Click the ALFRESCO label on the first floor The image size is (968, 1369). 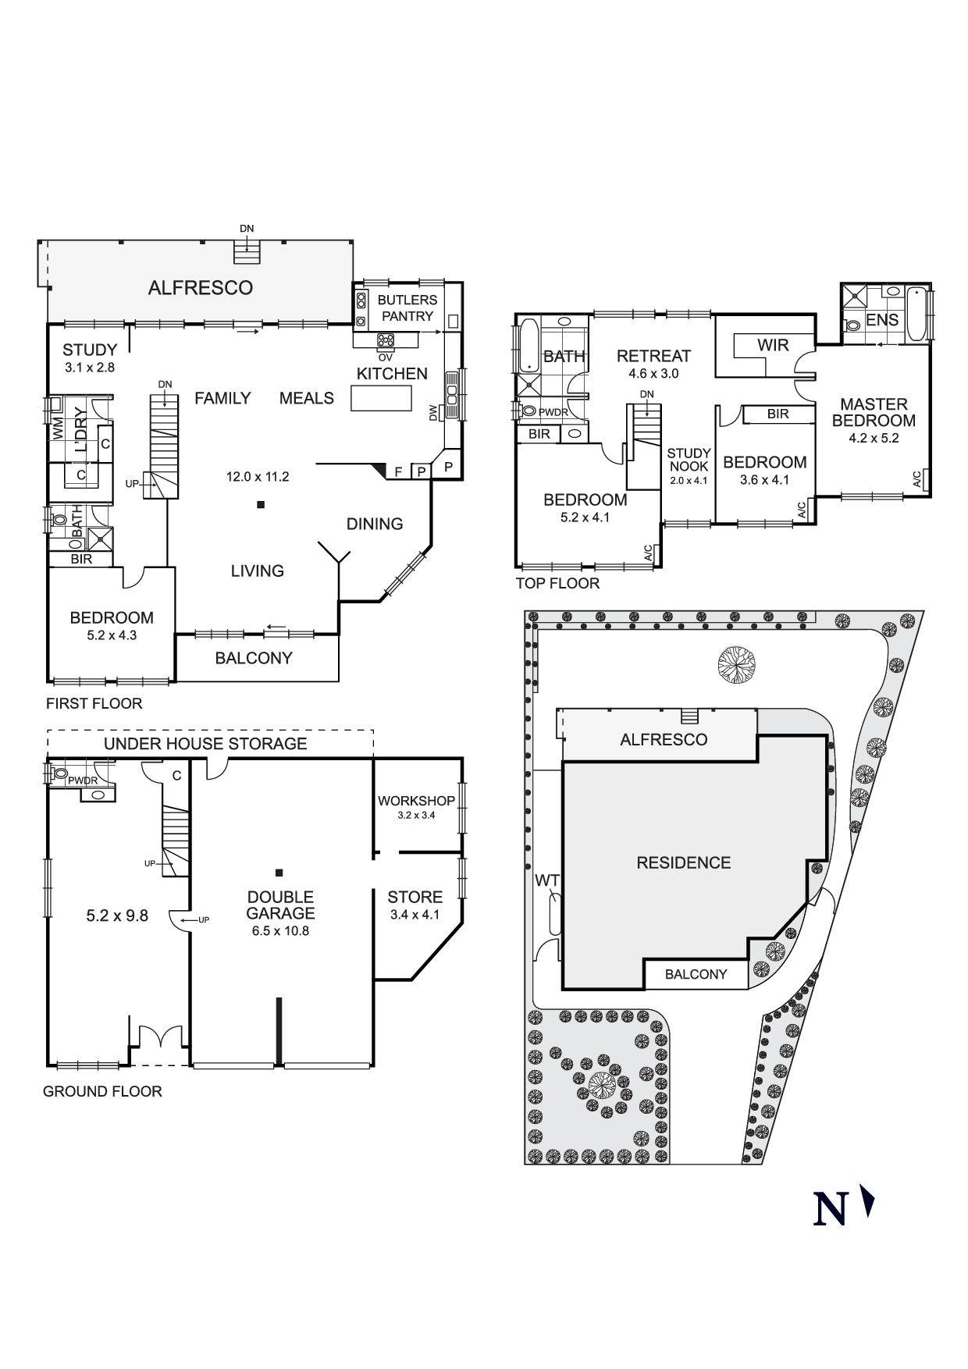coord(200,288)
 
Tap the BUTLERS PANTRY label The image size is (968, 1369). coord(407,308)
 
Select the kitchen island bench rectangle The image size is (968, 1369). coord(380,398)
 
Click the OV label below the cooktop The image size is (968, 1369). coord(385,357)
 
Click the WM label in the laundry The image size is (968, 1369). coord(57,428)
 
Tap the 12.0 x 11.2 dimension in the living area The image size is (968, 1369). coord(258,476)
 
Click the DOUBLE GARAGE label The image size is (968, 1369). coord(281,905)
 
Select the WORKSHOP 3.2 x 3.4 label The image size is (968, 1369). coord(416,806)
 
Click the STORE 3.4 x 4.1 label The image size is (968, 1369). coord(415,905)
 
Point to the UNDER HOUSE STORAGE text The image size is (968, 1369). coord(205,744)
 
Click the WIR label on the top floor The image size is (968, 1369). coord(772,345)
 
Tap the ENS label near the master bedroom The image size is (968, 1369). coord(881,320)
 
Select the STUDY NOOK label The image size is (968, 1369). coord(689,460)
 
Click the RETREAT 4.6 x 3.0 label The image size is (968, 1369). coord(653,364)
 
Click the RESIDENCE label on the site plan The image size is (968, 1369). coord(683,862)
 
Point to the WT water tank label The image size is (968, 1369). coord(547,881)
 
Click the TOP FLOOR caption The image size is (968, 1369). coord(557,583)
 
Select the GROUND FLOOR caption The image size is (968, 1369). coord(102,1091)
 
